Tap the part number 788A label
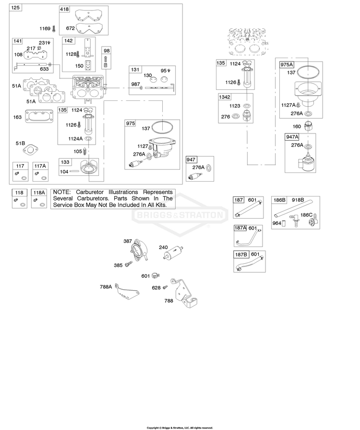106,287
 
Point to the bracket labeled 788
184,293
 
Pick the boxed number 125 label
15,7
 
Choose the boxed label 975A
287,65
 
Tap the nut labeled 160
309,126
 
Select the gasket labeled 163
39,116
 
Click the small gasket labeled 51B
31,150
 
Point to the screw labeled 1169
54,28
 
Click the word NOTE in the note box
62,192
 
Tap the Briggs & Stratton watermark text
180,215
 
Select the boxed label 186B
279,200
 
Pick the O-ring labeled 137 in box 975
162,127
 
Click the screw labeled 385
129,264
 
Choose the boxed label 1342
225,97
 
